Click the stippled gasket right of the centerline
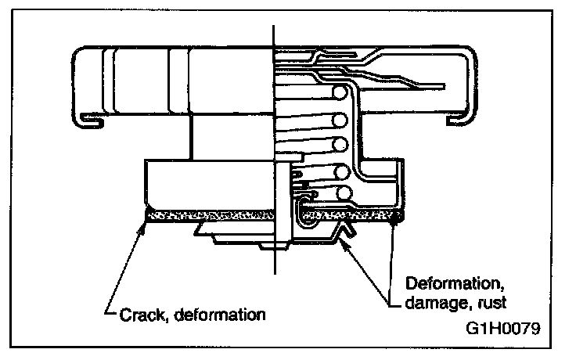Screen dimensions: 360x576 click(x=352, y=213)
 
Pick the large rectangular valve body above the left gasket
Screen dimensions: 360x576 click(x=207, y=184)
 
